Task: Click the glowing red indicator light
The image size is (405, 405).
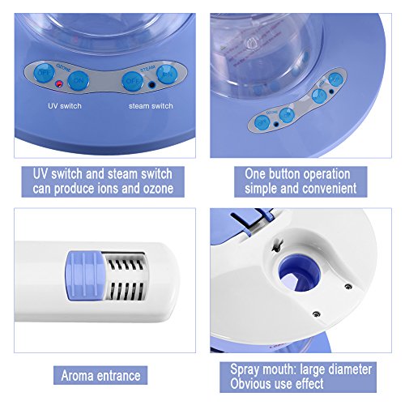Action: (x=58, y=85)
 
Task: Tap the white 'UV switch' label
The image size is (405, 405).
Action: (x=65, y=106)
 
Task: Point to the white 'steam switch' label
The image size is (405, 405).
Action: (x=151, y=106)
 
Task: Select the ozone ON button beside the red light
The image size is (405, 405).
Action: (x=79, y=80)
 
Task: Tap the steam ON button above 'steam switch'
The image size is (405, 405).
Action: (x=167, y=74)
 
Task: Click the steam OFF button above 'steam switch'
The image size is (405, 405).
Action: (x=132, y=81)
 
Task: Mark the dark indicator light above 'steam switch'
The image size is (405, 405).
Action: (x=152, y=85)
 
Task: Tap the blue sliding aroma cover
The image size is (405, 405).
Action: (x=84, y=275)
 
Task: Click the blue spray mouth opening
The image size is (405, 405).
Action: (x=300, y=273)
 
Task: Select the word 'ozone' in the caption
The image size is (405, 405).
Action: (x=158, y=189)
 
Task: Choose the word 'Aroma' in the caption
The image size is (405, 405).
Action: (x=78, y=376)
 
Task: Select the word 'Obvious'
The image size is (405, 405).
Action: (x=249, y=384)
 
